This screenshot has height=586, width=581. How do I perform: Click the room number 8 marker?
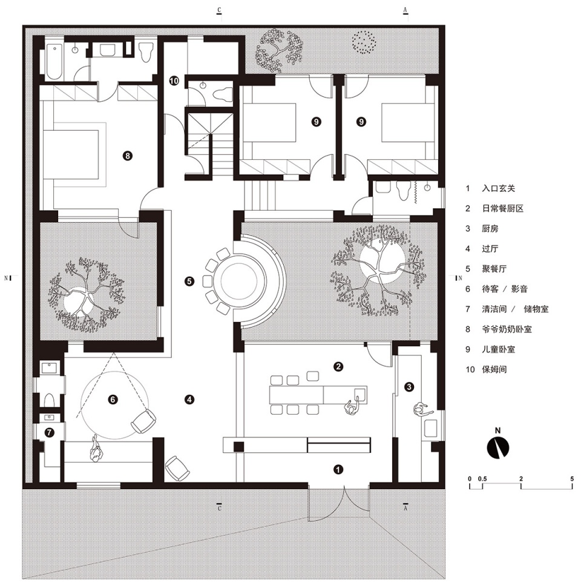click(x=128, y=156)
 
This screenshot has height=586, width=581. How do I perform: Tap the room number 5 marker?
click(x=189, y=281)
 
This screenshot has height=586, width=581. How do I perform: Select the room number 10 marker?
click(x=174, y=81)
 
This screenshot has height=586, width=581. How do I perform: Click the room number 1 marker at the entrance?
click(x=338, y=469)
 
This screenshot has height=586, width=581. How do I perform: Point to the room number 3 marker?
click(x=409, y=387)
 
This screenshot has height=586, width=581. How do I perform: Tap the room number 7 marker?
click(x=49, y=433)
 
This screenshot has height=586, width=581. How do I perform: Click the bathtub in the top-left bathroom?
click(x=54, y=62)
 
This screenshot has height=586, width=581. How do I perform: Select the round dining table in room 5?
click(x=238, y=280)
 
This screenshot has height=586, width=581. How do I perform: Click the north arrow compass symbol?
click(x=497, y=447)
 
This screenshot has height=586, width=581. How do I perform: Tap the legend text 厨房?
click(x=490, y=229)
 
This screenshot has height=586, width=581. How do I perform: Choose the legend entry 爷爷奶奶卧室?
click(x=507, y=329)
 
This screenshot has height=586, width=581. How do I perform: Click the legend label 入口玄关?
click(x=499, y=188)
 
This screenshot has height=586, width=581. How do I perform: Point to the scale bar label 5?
click(x=572, y=479)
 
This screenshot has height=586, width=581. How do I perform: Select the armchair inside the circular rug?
click(x=143, y=421)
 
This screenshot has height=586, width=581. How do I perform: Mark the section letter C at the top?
click(x=219, y=10)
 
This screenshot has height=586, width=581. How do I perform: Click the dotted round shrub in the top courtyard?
click(x=364, y=42)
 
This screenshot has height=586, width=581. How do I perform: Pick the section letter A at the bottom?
click(x=405, y=508)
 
